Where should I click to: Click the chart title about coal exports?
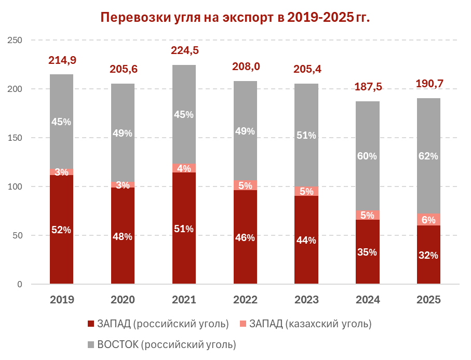[235, 17]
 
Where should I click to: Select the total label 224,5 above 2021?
[185, 50]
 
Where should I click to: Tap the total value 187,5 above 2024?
[368, 87]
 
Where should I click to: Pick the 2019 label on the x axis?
[62, 300]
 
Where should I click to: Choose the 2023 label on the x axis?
[306, 300]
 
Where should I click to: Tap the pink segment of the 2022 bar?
[245, 185]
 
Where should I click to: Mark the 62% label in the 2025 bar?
[429, 156]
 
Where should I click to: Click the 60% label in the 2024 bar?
[368, 156]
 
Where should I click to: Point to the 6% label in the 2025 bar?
[429, 220]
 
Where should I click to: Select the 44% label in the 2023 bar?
[306, 241]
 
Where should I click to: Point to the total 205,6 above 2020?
[123, 69]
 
